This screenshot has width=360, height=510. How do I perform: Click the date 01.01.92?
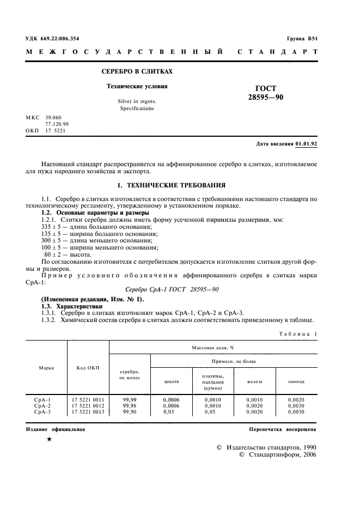coord(306,144)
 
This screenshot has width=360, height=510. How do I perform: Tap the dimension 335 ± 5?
coord(53,226)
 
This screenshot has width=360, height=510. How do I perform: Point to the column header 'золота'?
coord(171,381)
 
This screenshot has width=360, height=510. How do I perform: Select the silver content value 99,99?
coord(130,399)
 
